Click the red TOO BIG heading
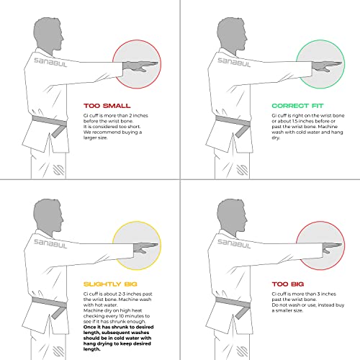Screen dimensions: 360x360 tap(291, 284)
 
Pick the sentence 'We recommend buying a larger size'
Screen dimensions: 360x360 tap(112, 136)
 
